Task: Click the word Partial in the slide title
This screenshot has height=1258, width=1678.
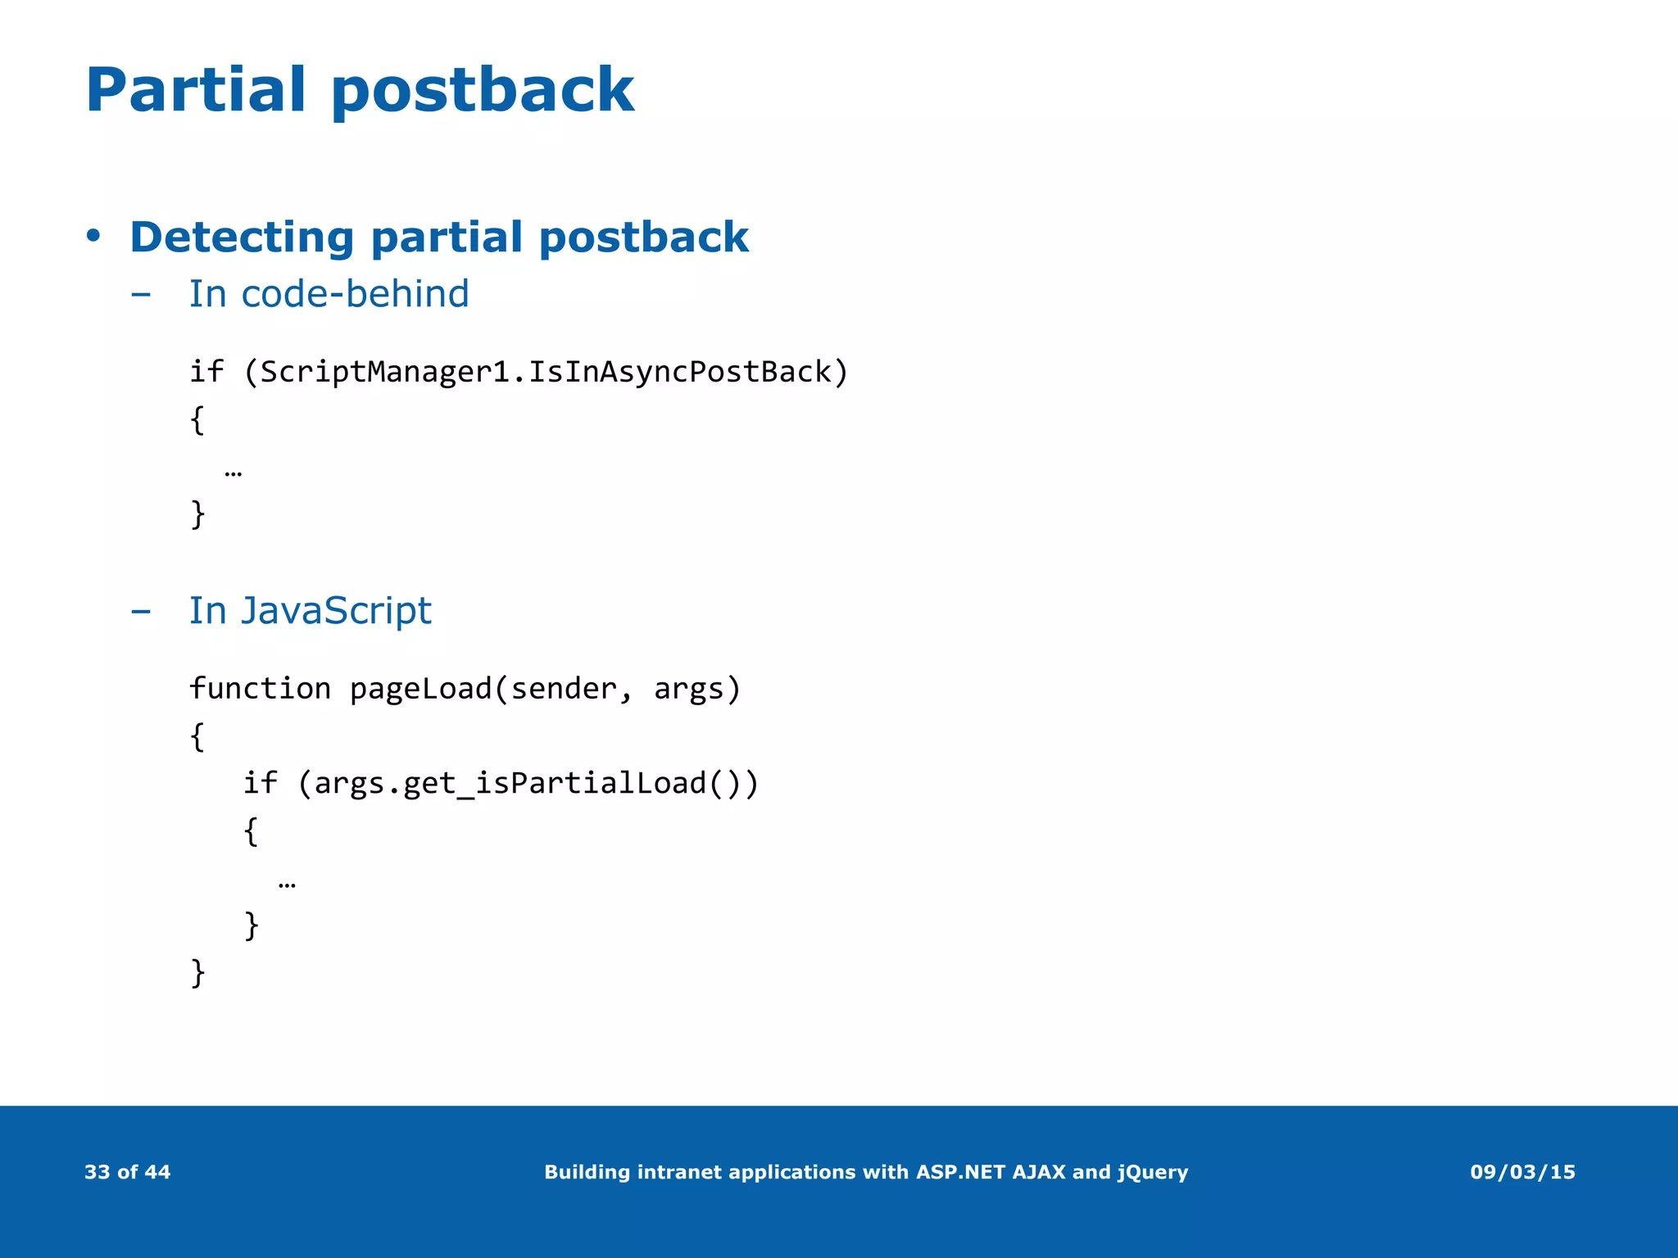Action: (x=195, y=89)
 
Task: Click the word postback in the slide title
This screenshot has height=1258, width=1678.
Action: (x=483, y=89)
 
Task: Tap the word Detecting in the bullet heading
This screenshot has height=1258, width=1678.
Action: (x=242, y=238)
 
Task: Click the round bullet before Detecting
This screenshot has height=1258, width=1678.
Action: (x=93, y=236)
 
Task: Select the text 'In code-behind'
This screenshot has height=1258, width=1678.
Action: (x=329, y=293)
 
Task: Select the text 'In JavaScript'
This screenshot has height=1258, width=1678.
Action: (x=310, y=610)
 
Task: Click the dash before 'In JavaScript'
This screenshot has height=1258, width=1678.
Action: (x=141, y=611)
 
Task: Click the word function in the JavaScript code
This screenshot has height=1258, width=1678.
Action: (x=260, y=689)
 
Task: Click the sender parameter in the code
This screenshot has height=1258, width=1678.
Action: (x=562, y=689)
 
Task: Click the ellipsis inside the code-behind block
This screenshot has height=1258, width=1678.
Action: (x=233, y=473)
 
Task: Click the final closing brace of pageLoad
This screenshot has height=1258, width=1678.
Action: (x=197, y=972)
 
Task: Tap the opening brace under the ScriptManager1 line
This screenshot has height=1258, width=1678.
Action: (x=197, y=419)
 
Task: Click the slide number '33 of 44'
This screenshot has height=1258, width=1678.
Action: (x=127, y=1172)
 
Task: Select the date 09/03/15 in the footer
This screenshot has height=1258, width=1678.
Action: (x=1522, y=1172)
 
